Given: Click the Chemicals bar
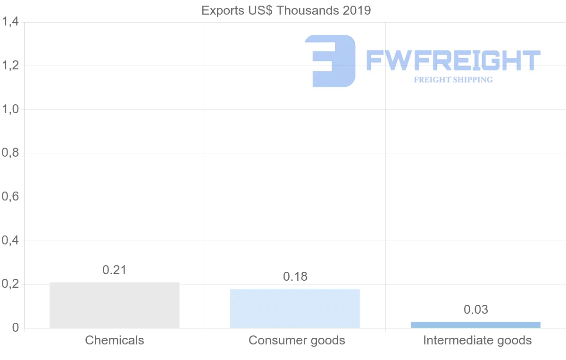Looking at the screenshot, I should (114, 305).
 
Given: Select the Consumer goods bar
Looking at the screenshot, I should (295, 308).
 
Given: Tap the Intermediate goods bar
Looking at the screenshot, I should (475, 325).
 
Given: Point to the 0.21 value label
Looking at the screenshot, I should (115, 270).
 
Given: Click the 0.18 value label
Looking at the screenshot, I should (295, 276).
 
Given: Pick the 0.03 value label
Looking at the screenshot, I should (476, 310).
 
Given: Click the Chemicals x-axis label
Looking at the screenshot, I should (115, 340).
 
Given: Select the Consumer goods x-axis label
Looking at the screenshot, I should (297, 340).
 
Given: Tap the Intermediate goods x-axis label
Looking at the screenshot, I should (477, 340).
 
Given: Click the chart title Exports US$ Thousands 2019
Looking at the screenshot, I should (286, 10).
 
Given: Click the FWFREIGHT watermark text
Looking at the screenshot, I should (453, 60).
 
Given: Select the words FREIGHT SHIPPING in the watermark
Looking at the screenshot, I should (453, 80).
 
